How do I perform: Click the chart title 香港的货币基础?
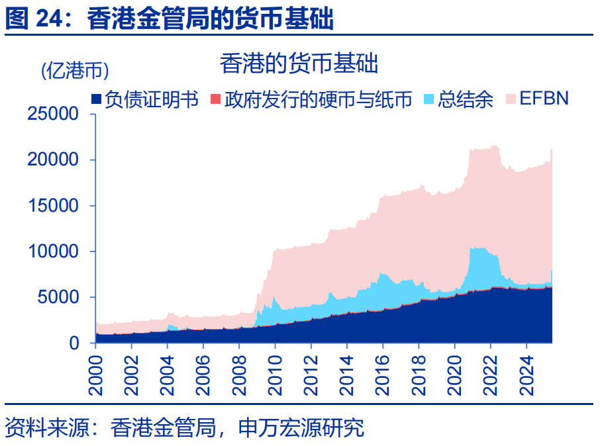pos(299,64)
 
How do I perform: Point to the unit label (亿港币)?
pos(75,70)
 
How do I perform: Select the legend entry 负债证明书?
pos(152,99)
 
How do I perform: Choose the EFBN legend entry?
pos(544,99)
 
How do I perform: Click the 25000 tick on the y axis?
pos(54,114)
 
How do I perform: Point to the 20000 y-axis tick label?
pos(54,160)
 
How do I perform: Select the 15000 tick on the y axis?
pos(54,206)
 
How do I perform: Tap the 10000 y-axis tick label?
pos(54,252)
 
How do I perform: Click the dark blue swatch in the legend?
pos(97,99)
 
